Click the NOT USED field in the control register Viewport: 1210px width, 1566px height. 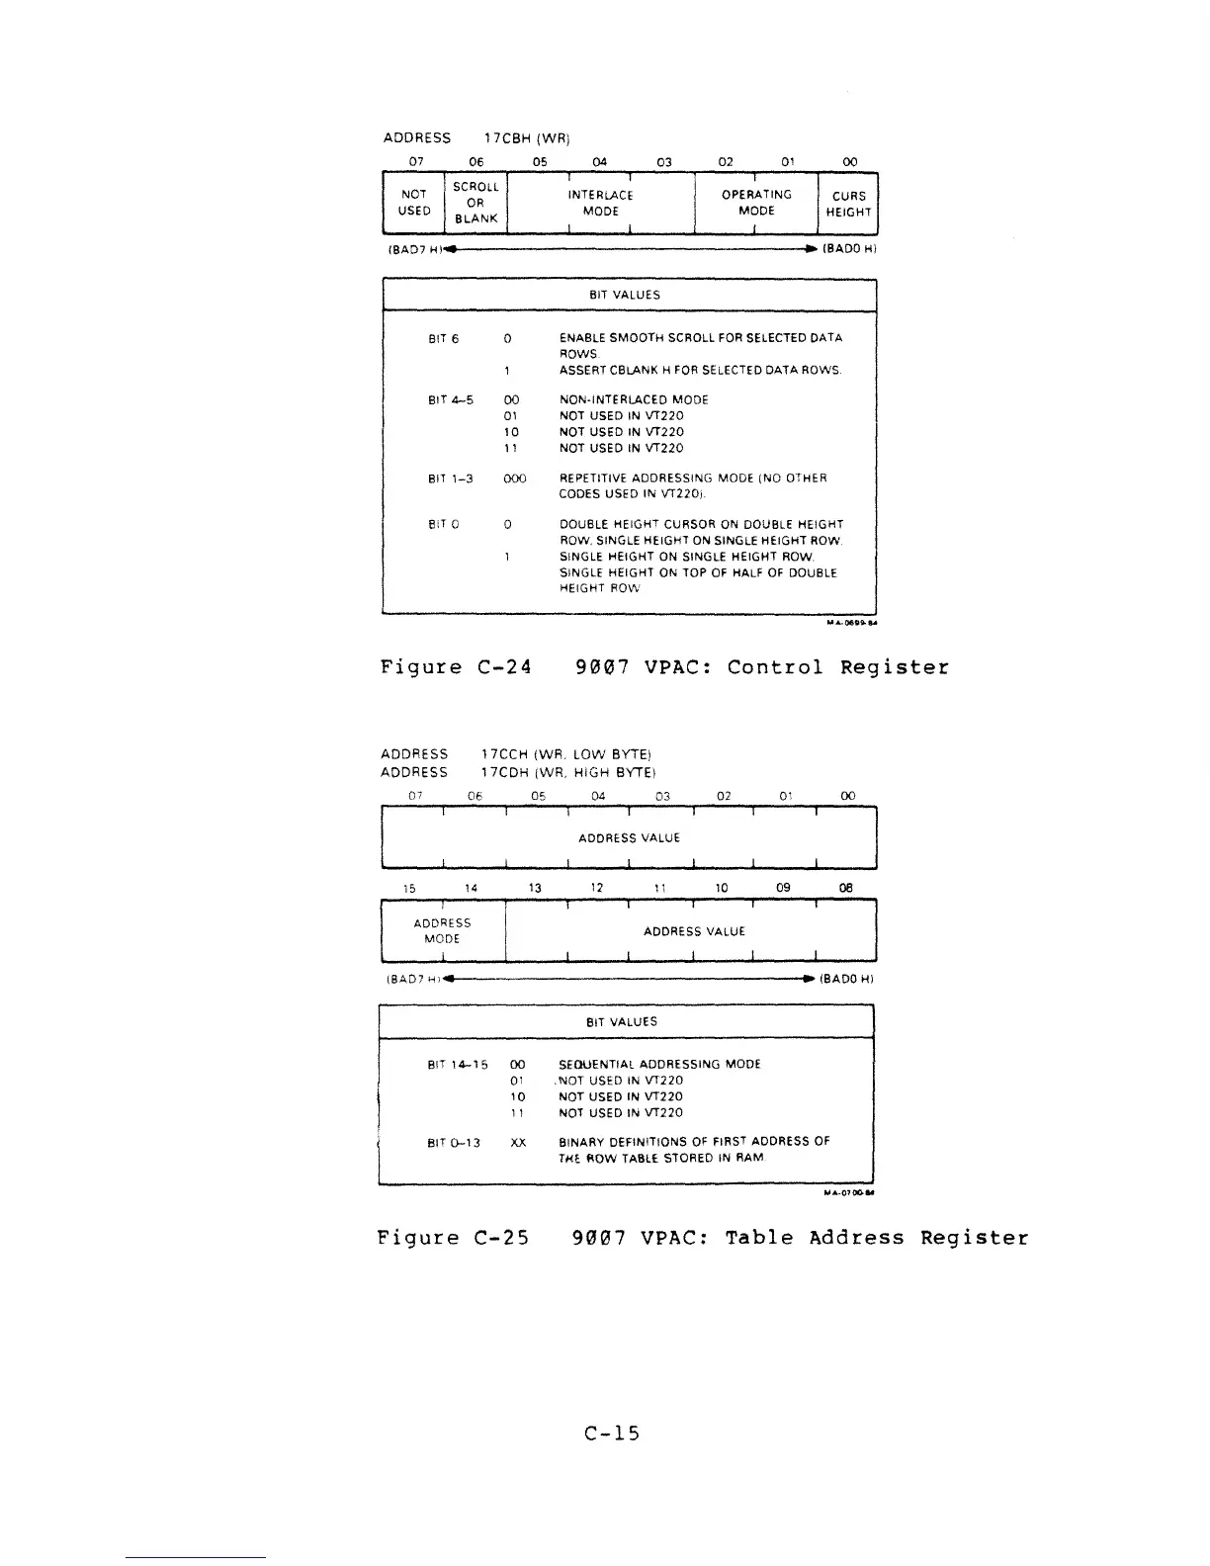pos(414,203)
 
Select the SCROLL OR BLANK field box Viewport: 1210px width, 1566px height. pos(475,203)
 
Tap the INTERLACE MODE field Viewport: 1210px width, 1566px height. pos(601,203)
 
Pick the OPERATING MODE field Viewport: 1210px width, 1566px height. pos(756,203)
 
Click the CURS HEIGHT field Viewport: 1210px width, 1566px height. pos(848,204)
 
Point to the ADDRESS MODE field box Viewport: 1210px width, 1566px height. pos(443,930)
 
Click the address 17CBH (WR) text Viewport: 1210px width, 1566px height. pos(526,137)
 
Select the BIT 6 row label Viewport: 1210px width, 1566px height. pos(443,339)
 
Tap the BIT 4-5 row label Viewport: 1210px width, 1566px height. pos(450,400)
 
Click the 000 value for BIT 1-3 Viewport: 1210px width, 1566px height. pos(514,478)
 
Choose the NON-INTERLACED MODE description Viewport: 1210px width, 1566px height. pos(634,400)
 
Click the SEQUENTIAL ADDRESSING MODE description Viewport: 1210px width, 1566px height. pos(659,1065)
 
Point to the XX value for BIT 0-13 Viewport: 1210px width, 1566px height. pos(517,1143)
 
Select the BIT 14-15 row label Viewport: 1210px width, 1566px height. pos(457,1065)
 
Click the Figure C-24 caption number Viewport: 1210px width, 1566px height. pos(504,667)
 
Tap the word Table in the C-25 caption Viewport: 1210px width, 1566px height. pos(758,1238)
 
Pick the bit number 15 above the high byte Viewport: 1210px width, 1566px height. pos(409,888)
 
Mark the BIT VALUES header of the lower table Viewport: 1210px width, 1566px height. pos(622,1021)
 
